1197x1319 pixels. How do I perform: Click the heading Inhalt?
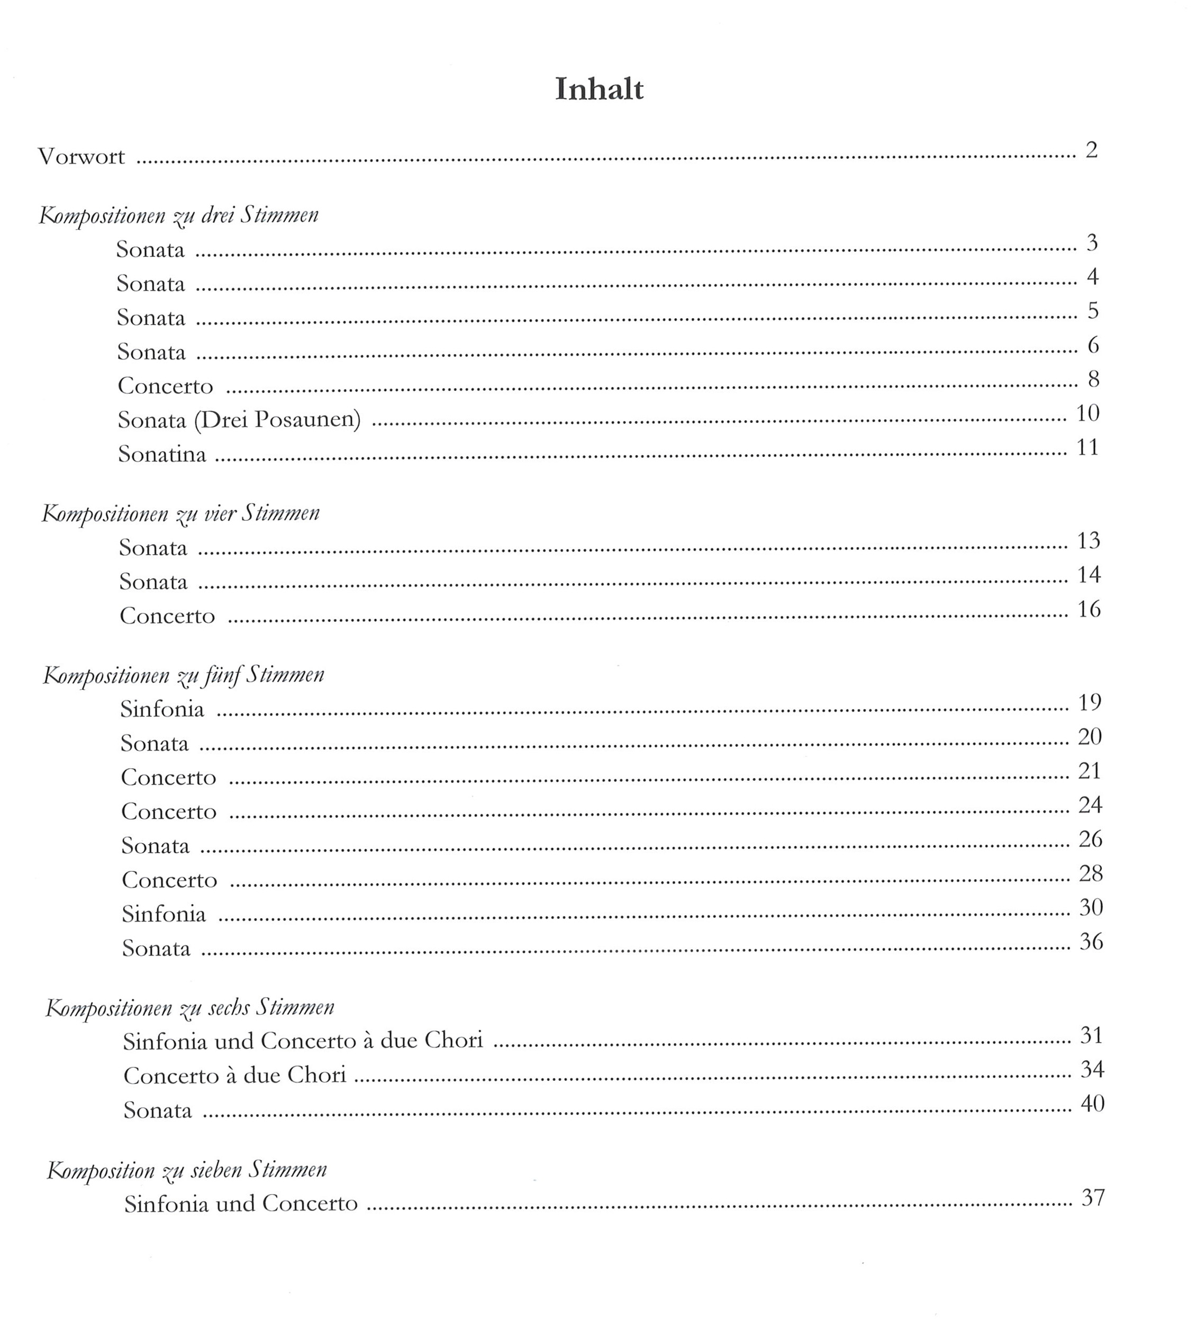point(599,89)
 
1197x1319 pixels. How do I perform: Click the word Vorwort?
point(81,157)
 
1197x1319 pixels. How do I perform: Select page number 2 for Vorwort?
point(1091,150)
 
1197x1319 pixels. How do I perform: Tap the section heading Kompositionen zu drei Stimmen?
point(178,215)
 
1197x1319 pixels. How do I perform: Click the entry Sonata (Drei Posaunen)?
point(239,420)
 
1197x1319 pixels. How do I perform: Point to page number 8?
point(1092,379)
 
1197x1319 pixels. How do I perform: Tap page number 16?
point(1089,609)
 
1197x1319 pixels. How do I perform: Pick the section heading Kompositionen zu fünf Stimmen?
point(183,675)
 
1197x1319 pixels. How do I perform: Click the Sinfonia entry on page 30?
point(164,914)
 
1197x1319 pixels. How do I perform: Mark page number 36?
point(1091,942)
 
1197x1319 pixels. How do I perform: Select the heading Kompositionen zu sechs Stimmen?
point(189,1008)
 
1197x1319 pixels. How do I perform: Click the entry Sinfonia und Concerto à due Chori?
point(303,1041)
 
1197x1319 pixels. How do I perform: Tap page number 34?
point(1092,1069)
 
